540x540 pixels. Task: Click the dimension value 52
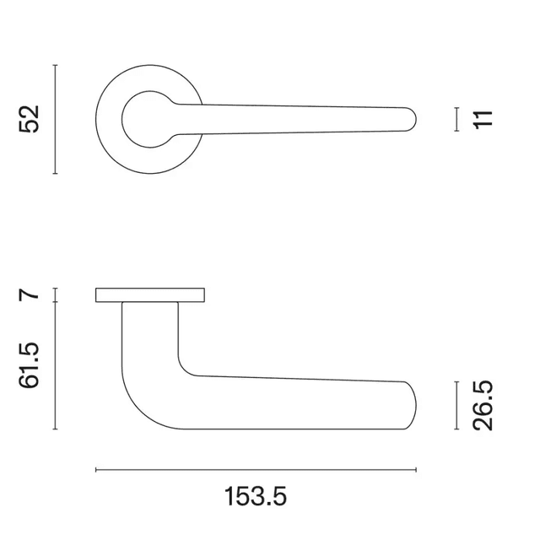click(31, 119)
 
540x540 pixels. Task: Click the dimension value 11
click(483, 118)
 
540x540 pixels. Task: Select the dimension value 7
click(30, 294)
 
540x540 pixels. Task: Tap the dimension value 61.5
click(31, 365)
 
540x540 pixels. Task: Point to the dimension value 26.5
click(483, 405)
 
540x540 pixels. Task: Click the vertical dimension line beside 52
click(56, 119)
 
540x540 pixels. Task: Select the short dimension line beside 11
click(456, 119)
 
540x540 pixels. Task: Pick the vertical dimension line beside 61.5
click(56, 365)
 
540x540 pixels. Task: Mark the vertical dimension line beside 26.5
click(456, 405)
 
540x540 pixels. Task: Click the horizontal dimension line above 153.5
click(256, 469)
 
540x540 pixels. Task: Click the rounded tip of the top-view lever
click(411, 119)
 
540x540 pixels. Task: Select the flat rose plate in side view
click(150, 294)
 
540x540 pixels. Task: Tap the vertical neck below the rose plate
click(150, 333)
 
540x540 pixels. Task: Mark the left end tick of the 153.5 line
click(96, 469)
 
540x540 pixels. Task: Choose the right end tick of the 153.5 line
click(416, 469)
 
